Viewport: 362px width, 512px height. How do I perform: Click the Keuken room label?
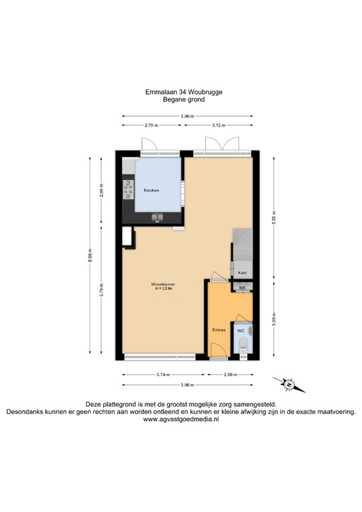click(x=153, y=191)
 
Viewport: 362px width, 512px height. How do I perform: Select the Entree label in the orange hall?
click(x=219, y=330)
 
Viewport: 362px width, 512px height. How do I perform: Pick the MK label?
click(x=243, y=288)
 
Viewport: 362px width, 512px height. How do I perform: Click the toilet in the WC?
click(x=243, y=344)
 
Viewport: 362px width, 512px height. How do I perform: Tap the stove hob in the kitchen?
click(x=127, y=192)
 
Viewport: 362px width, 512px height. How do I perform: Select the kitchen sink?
click(x=158, y=217)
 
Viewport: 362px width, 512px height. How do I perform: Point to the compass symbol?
click(x=287, y=384)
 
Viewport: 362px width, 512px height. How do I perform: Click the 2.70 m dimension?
click(x=151, y=125)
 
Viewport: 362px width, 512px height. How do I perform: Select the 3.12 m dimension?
click(x=219, y=125)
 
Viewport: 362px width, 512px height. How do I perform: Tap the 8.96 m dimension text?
click(x=90, y=255)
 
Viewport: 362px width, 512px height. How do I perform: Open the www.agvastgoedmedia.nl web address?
click(x=181, y=421)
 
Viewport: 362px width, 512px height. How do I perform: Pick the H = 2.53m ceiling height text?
click(x=163, y=289)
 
